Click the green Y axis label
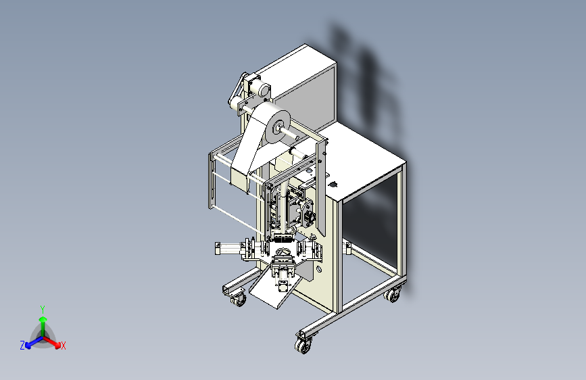coord(43,309)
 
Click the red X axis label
coord(63,346)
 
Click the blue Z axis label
coord(22,346)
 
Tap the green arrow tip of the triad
coord(43,319)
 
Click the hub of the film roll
coord(278,128)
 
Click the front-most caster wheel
coord(303,346)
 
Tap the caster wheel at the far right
coord(392,296)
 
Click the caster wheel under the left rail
coord(239,300)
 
